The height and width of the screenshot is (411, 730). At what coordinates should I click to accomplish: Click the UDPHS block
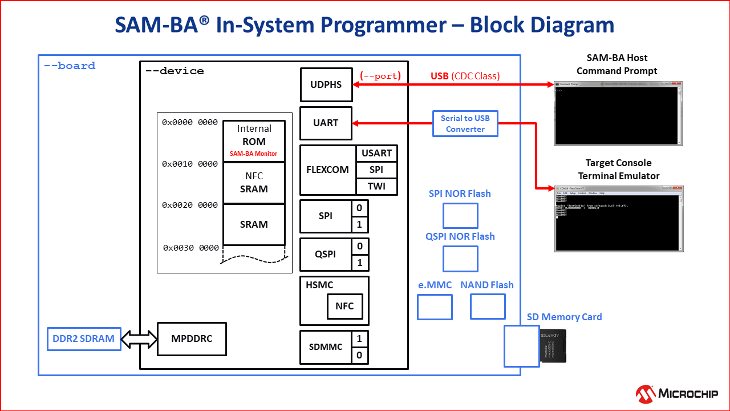coord(326,84)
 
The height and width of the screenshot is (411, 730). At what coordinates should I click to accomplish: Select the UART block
coord(326,123)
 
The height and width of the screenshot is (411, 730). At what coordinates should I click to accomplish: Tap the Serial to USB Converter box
coord(465,123)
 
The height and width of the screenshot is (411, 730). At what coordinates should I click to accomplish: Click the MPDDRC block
coord(192,339)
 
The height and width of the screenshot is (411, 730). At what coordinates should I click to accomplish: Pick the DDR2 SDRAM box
coord(83,339)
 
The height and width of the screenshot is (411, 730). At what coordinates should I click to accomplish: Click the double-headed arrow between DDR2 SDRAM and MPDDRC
coord(139,339)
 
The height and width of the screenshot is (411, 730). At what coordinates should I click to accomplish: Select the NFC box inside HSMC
coord(344,306)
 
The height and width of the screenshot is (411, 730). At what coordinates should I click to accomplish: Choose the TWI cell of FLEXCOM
coord(376,186)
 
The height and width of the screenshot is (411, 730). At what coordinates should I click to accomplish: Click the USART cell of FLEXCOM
coord(376,153)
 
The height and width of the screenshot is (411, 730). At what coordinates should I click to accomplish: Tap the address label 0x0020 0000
coord(190,205)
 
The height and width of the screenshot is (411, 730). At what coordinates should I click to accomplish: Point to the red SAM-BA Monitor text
coord(253,154)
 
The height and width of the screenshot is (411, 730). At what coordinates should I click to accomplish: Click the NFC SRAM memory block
coord(254,183)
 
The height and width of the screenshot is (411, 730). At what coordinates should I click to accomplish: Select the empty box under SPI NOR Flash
coord(460,216)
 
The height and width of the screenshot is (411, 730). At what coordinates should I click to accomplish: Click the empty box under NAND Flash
coord(488,307)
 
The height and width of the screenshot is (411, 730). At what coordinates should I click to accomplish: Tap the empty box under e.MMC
coord(435,307)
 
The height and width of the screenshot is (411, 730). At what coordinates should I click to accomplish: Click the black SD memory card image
coord(553,345)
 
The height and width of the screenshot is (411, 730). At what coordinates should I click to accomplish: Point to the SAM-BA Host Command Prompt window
coord(618,113)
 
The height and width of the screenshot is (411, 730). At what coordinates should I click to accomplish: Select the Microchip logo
coord(676,393)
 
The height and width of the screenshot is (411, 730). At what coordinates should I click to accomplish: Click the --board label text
coord(70,66)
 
